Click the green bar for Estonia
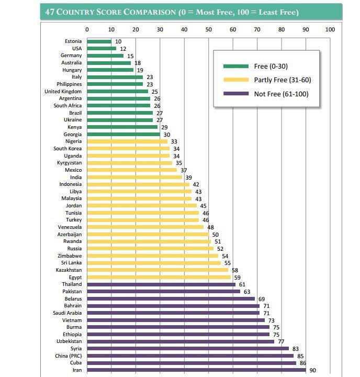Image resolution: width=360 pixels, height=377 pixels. (x=99, y=41)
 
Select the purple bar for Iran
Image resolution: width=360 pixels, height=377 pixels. (x=196, y=370)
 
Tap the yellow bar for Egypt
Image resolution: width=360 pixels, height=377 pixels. (x=159, y=277)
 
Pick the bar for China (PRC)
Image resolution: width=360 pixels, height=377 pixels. (x=190, y=356)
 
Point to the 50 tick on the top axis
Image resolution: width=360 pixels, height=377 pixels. (x=208, y=29)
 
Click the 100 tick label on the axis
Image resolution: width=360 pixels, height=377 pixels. (x=330, y=29)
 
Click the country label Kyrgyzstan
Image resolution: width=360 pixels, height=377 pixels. (x=69, y=163)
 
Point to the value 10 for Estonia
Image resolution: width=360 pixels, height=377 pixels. (x=118, y=41)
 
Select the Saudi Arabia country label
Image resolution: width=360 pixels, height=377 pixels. (x=67, y=313)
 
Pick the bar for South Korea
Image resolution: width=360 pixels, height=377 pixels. (x=128, y=149)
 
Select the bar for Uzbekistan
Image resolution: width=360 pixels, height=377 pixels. (x=180, y=341)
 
